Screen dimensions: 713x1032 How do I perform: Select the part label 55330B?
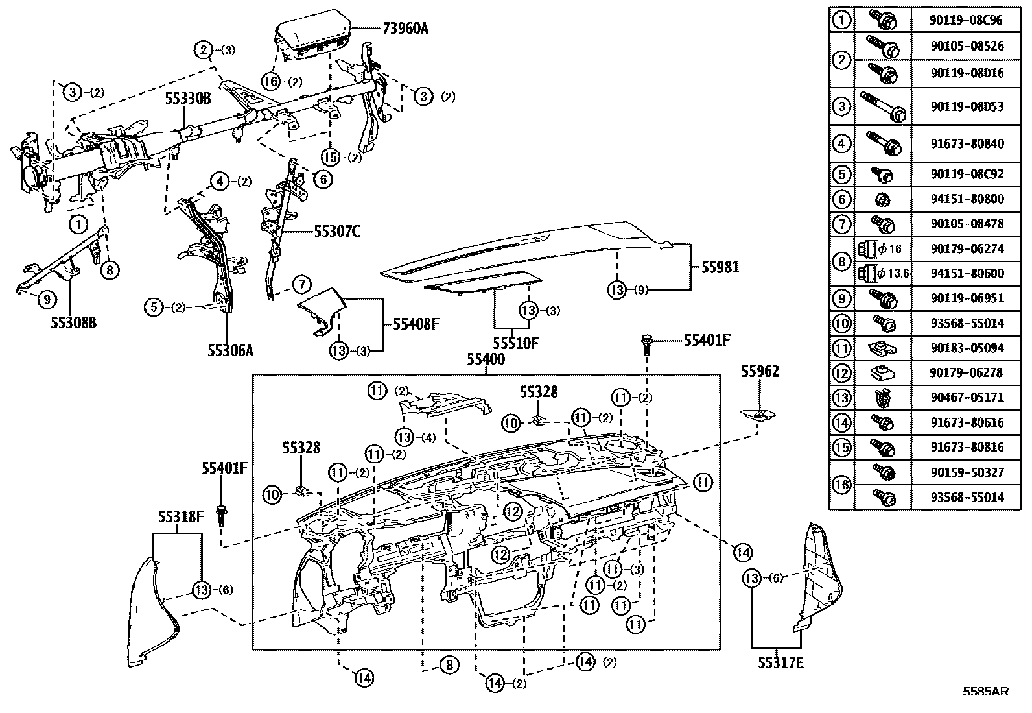(x=188, y=99)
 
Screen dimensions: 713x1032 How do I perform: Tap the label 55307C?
(x=337, y=230)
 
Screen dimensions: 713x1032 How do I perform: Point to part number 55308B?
(x=74, y=322)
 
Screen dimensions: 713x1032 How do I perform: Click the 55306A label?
(x=230, y=350)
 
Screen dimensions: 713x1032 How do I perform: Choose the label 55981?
(x=720, y=267)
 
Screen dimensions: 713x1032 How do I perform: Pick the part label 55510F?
(x=515, y=343)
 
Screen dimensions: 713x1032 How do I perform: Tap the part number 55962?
(x=760, y=371)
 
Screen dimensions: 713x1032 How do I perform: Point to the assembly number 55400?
(x=486, y=359)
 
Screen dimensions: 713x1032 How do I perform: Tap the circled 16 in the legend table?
(x=841, y=485)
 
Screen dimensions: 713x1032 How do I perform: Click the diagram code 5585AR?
(x=985, y=692)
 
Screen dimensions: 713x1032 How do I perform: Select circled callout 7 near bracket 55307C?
(x=301, y=284)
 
